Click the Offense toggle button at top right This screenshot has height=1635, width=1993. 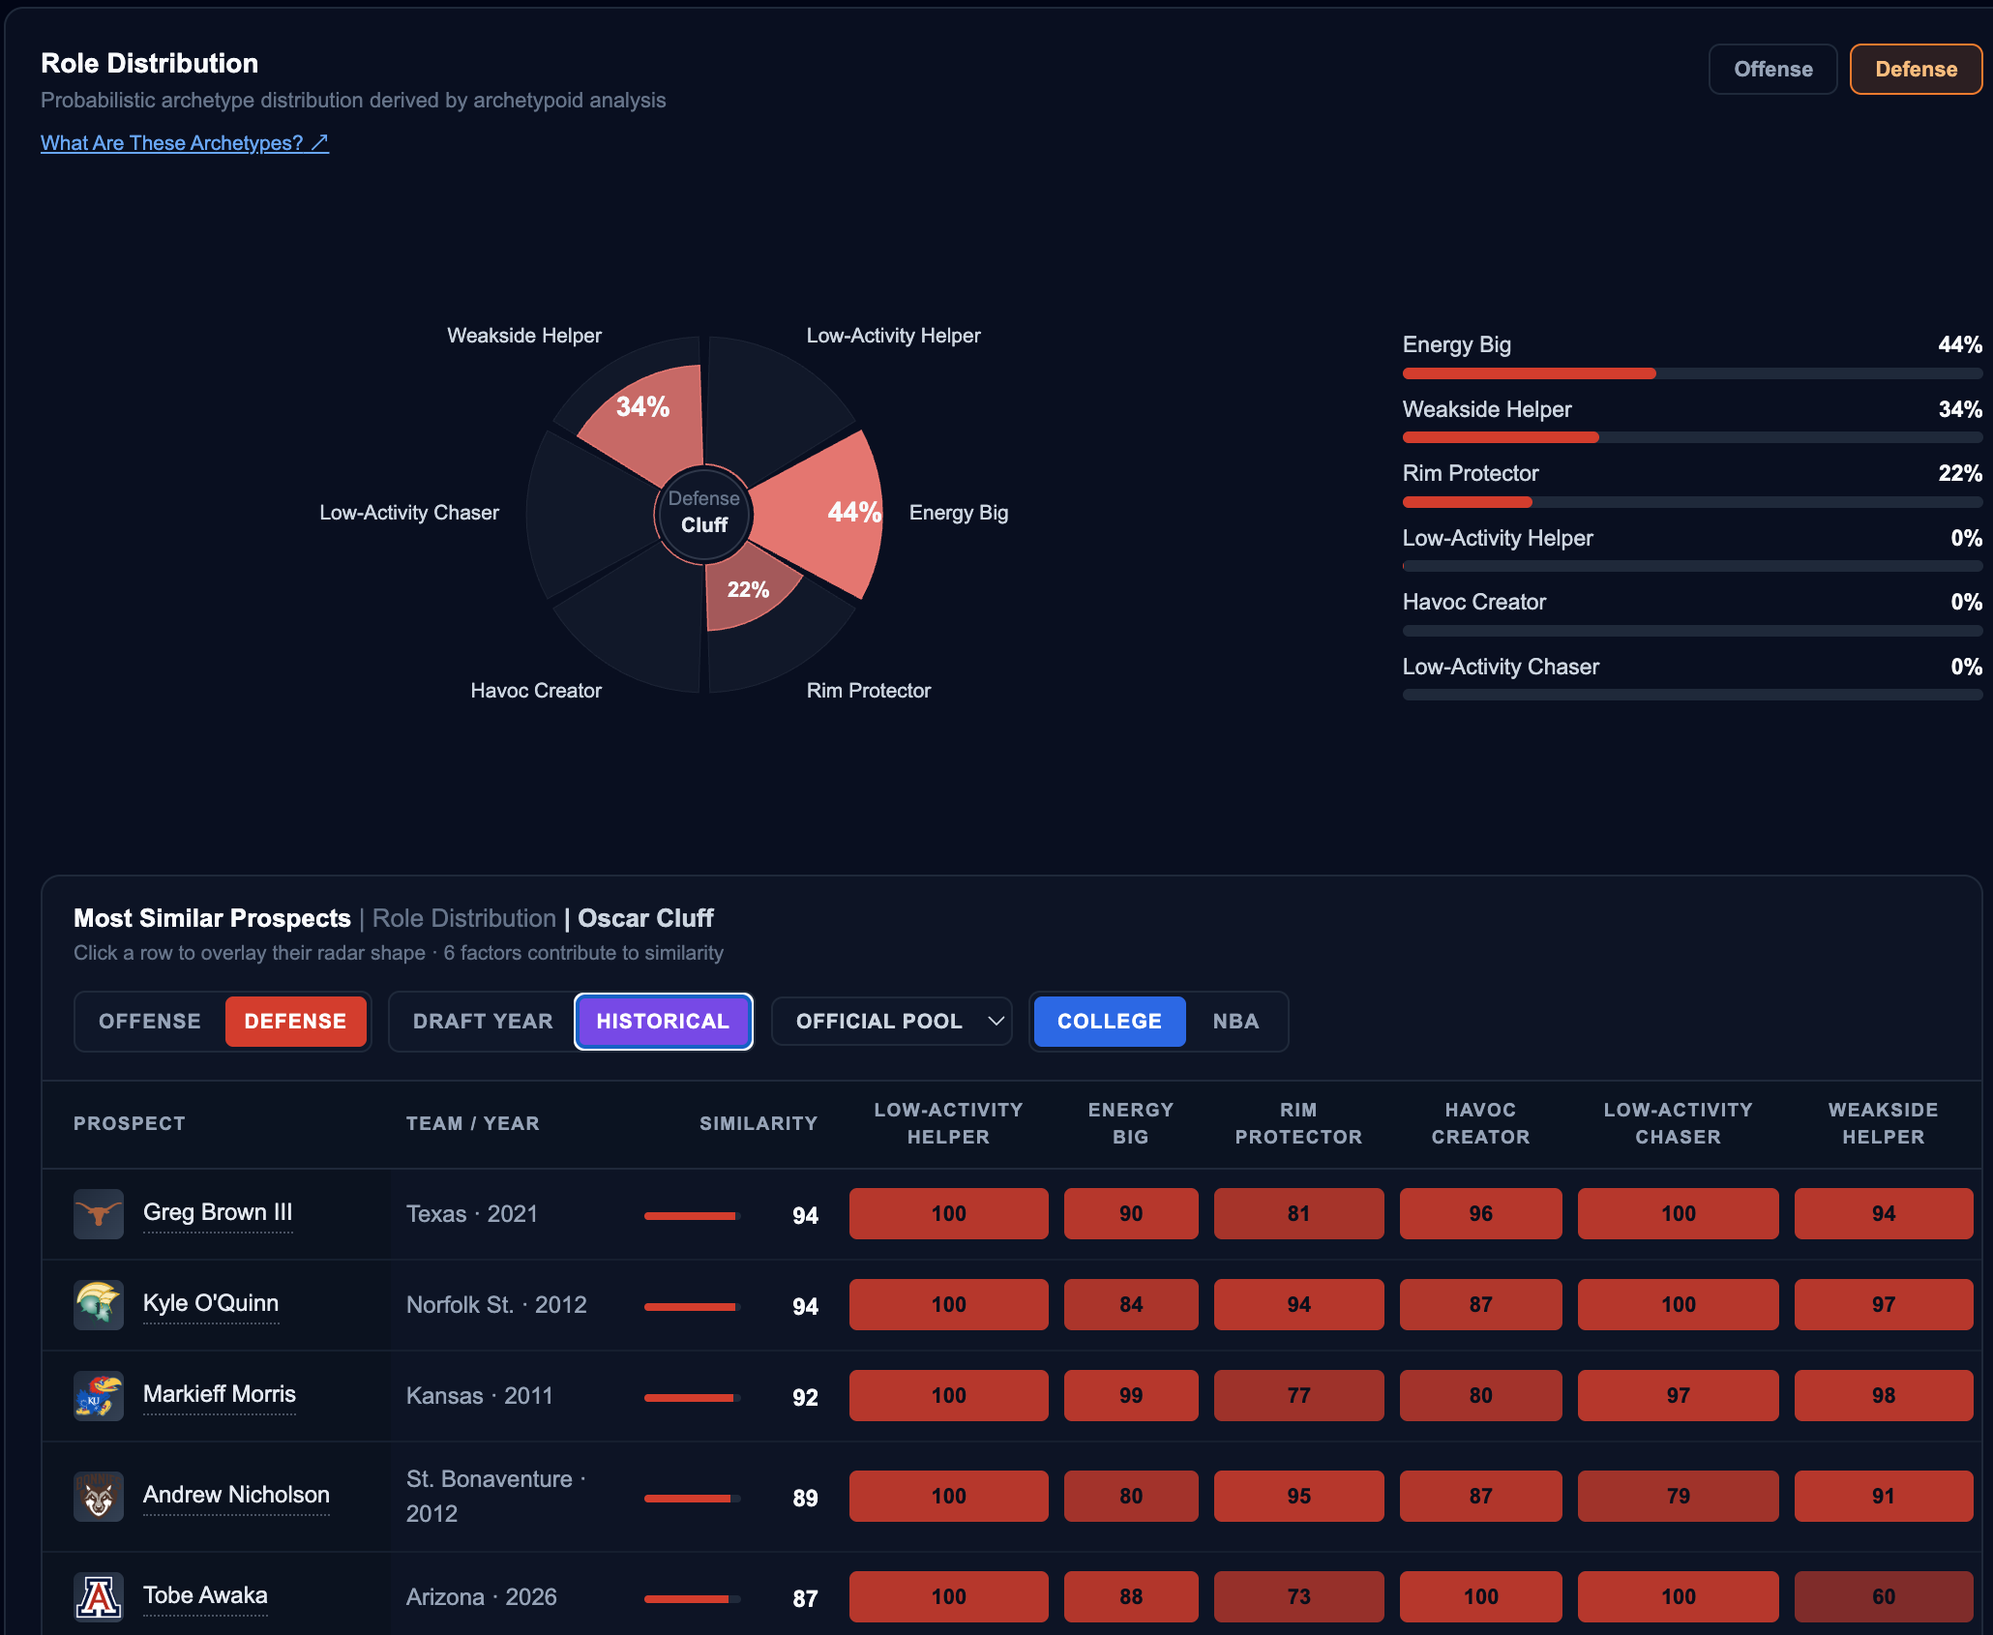[1772, 70]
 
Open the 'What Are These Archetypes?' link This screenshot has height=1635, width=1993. [185, 143]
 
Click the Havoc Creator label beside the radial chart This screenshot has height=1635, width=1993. [536, 691]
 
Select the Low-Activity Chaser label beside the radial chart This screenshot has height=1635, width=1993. [409, 513]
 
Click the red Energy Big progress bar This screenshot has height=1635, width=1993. [1529, 373]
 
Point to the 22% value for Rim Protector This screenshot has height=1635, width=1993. [1960, 473]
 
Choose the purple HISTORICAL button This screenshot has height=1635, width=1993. [663, 1022]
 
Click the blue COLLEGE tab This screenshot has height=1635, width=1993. [1110, 1022]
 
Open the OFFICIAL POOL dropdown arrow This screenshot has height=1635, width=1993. [996, 1022]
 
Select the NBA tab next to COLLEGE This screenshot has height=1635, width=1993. [1235, 1022]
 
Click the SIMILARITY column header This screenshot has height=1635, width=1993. [759, 1123]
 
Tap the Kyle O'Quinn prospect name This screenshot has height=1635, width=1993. [211, 1303]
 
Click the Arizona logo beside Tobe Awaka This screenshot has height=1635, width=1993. [99, 1596]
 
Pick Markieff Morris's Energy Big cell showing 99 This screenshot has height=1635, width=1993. [1131, 1395]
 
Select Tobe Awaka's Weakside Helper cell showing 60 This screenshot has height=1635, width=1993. [1883, 1596]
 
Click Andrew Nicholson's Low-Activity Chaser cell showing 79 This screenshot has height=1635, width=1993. [1678, 1496]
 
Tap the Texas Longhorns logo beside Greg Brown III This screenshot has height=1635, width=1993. [99, 1213]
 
